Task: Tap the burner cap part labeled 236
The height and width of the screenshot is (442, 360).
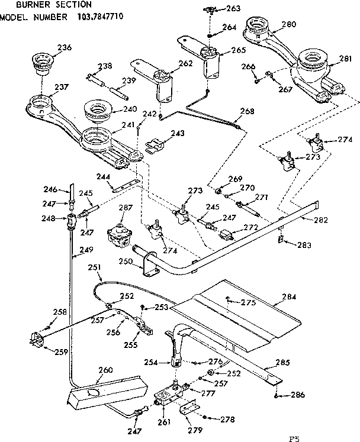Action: click(x=42, y=62)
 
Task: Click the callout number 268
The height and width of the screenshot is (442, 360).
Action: click(x=247, y=111)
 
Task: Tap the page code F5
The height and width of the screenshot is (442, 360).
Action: click(x=294, y=438)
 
